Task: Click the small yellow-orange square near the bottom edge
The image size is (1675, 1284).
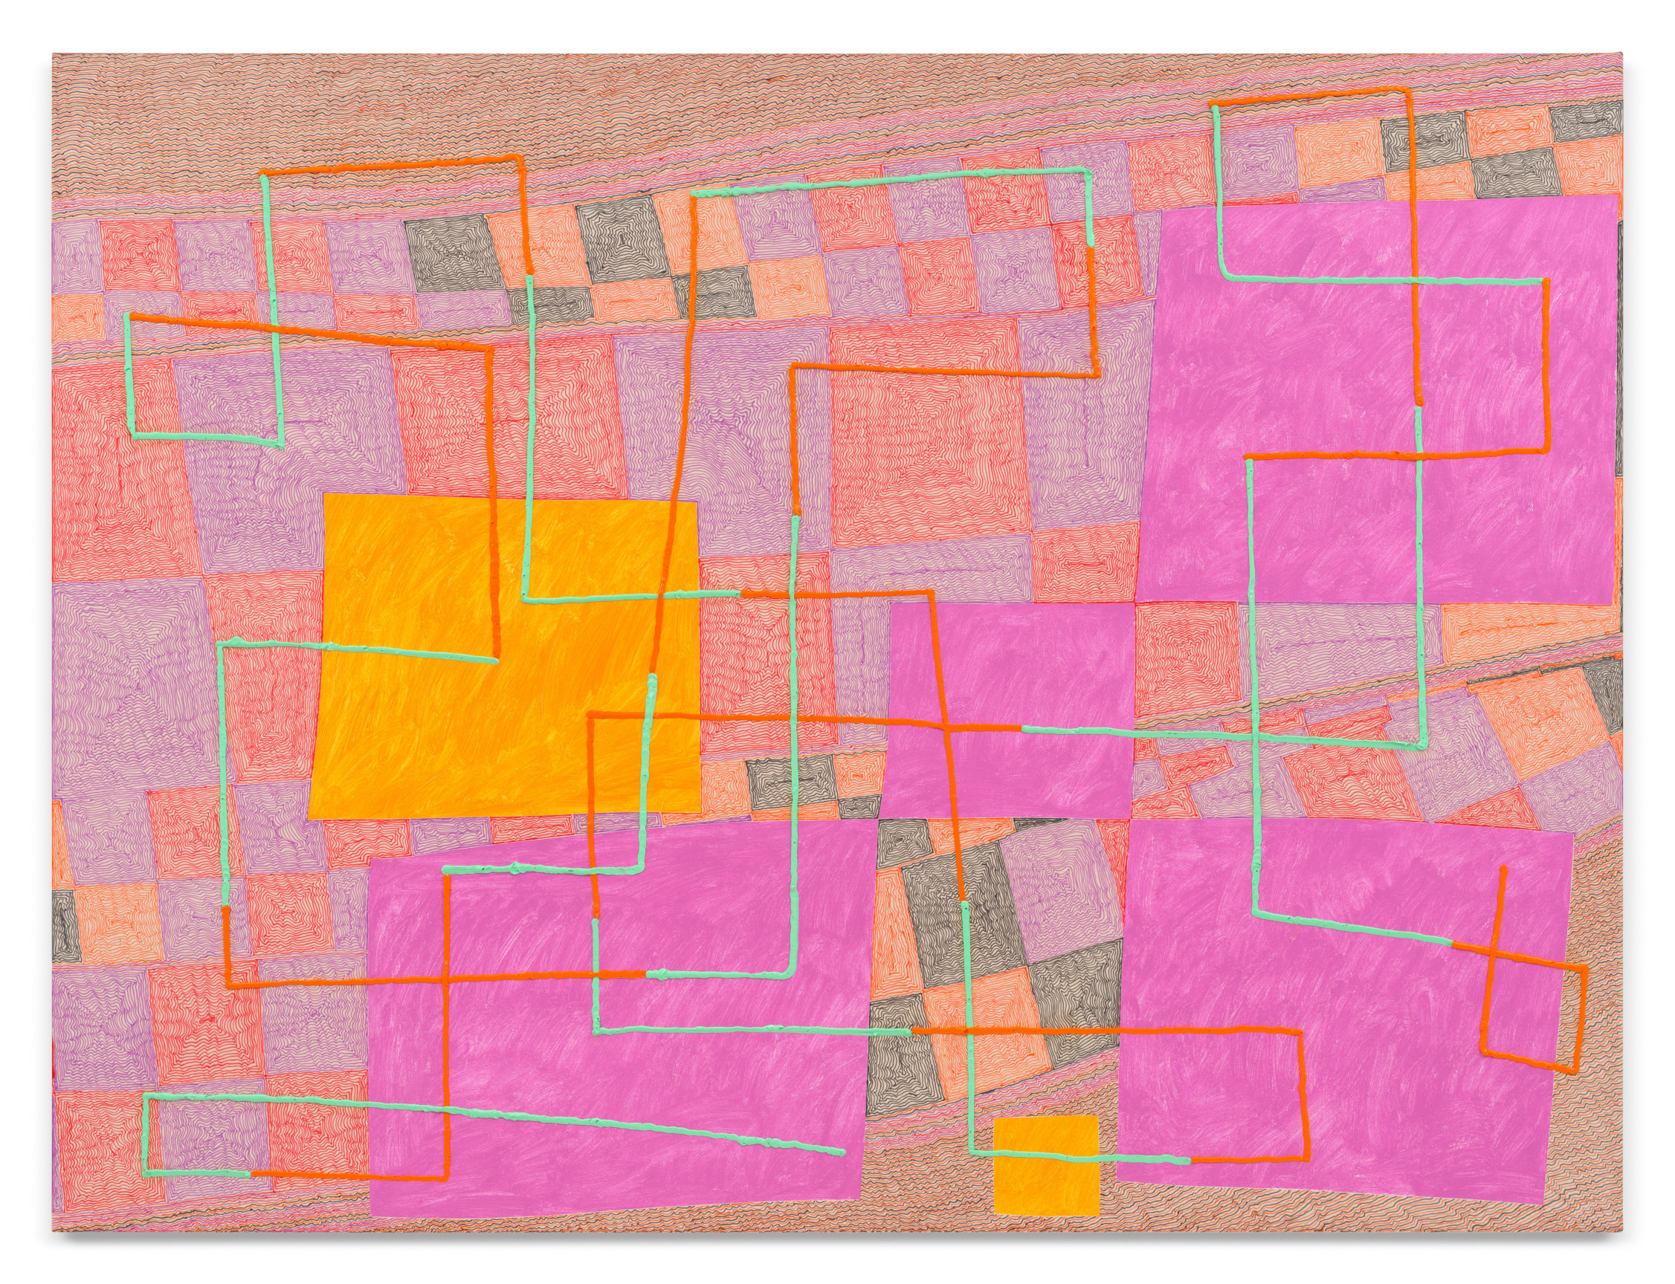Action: [x=1046, y=1175]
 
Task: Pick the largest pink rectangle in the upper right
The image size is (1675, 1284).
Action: [x=1376, y=398]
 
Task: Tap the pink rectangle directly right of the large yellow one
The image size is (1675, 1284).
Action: [x=1009, y=711]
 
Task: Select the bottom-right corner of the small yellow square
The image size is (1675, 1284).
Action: [x=1098, y=1233]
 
